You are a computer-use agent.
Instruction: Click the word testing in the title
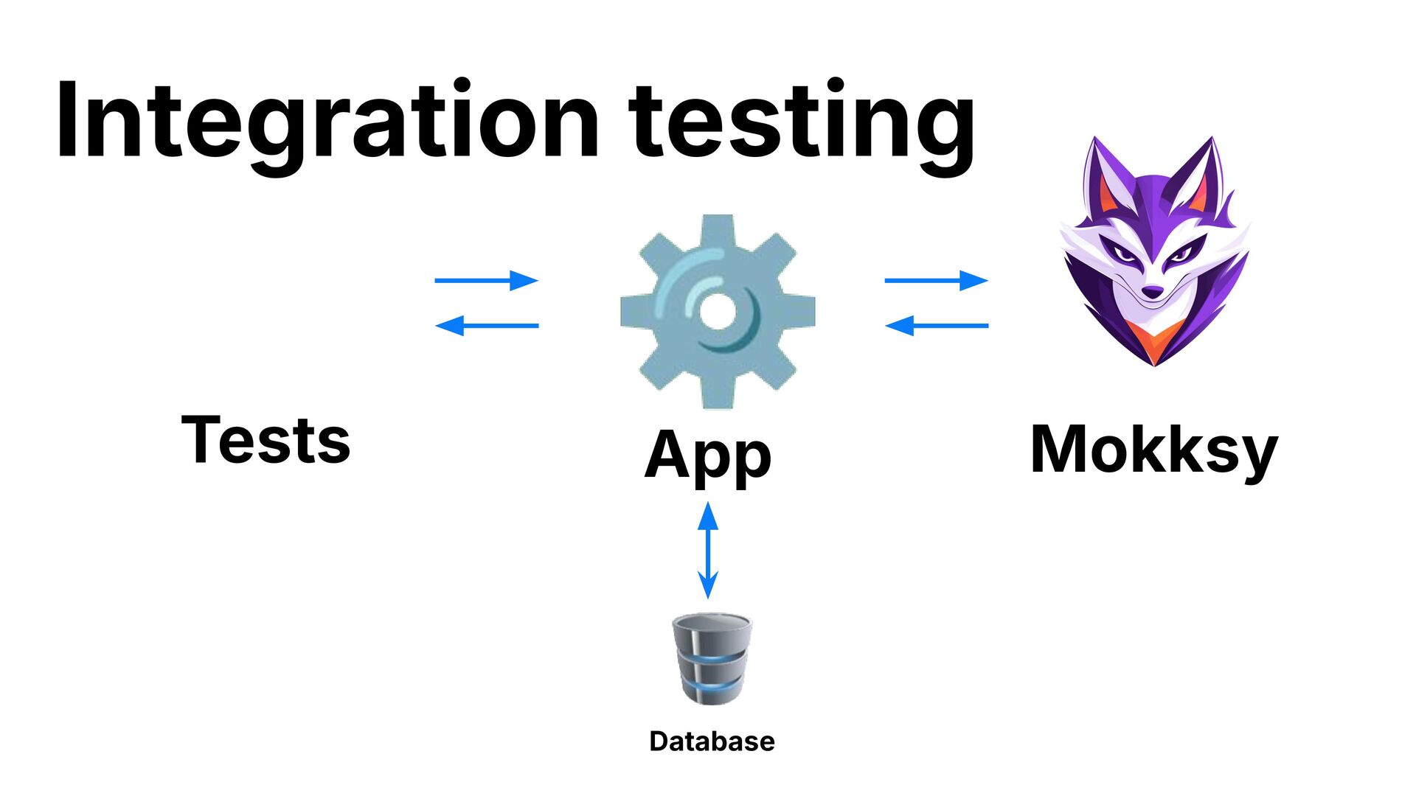pos(802,125)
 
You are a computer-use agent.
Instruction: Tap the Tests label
pos(265,440)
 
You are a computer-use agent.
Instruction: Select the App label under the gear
pos(708,455)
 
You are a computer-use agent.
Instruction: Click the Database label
pos(712,741)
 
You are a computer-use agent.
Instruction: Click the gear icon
pos(717,312)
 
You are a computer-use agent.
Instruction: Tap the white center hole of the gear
pos(717,312)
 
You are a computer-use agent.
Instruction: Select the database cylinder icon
pos(712,658)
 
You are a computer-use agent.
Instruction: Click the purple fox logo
pos(1154,251)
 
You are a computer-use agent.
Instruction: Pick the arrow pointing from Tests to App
pos(487,280)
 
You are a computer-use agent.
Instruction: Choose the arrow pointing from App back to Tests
pos(487,325)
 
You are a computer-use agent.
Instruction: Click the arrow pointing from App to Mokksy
pos(936,280)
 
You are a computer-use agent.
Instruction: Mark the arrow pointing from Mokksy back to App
pos(936,325)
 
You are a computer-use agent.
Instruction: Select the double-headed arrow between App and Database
pos(708,550)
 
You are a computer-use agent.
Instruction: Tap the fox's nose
pos(1152,293)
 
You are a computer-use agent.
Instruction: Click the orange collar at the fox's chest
pos(1154,343)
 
